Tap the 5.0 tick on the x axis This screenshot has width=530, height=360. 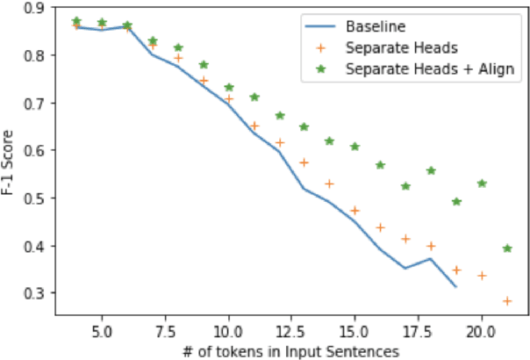pyautogui.click(x=102, y=334)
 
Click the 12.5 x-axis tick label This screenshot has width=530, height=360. pyautogui.click(x=291, y=334)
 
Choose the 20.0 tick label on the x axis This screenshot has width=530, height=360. pyautogui.click(x=481, y=334)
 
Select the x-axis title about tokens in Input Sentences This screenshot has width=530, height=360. pyautogui.click(x=291, y=350)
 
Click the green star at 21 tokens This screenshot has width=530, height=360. pyautogui.click(x=507, y=248)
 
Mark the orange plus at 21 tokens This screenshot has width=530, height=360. pyautogui.click(x=507, y=301)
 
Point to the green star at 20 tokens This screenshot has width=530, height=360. pyautogui.click(x=482, y=184)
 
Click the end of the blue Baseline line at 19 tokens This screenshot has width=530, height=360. pyautogui.click(x=456, y=287)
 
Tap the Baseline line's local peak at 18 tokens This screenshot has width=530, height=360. pyautogui.click(x=431, y=259)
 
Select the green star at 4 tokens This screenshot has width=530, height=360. pyautogui.click(x=76, y=20)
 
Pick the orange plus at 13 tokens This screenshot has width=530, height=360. pyautogui.click(x=304, y=162)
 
